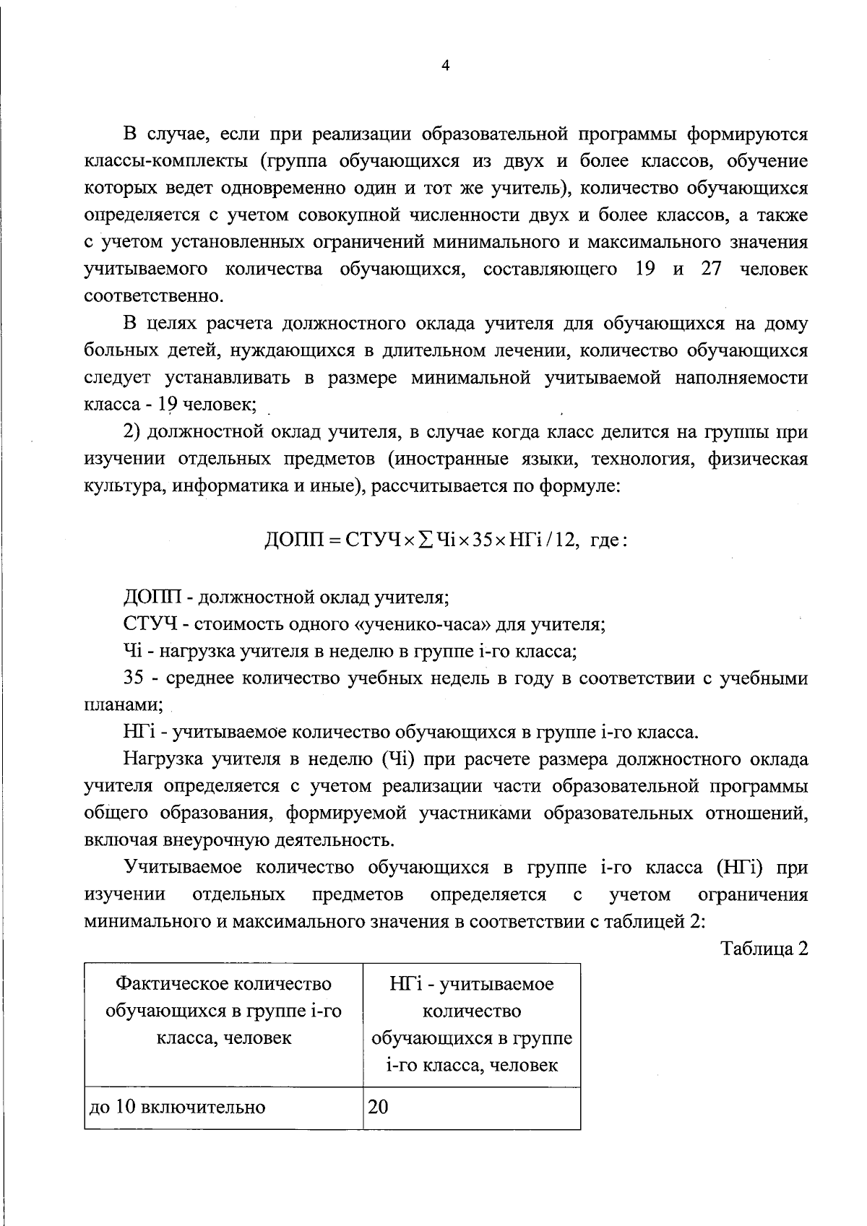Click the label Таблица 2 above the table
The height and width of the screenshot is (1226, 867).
tap(764, 949)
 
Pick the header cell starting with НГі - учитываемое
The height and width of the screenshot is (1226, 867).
tap(471, 1024)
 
